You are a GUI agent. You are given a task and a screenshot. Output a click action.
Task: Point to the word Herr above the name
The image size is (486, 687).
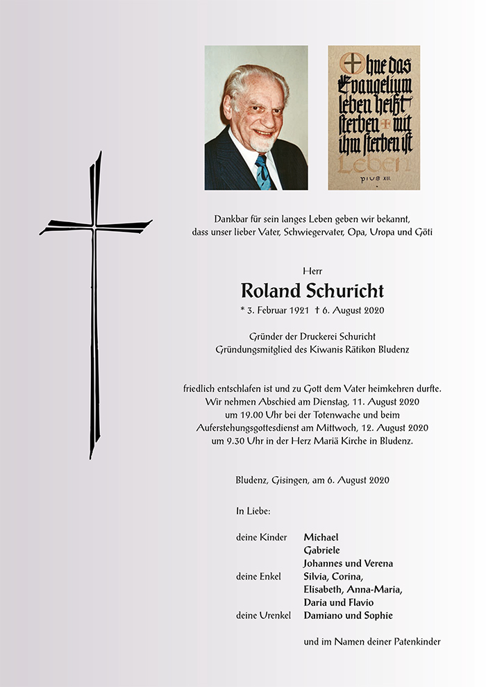point(312,270)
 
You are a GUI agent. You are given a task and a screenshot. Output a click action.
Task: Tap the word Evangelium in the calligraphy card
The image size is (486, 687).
point(375,86)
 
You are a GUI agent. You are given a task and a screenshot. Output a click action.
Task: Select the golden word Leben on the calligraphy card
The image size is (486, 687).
point(374,163)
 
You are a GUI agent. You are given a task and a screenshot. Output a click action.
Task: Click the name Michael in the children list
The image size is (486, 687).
point(321,537)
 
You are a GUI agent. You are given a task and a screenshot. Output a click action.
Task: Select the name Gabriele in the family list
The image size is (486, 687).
point(322,550)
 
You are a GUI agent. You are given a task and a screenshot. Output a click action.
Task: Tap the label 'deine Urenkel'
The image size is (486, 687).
point(263,616)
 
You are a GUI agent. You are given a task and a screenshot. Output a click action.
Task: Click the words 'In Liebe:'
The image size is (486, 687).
point(253,511)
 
